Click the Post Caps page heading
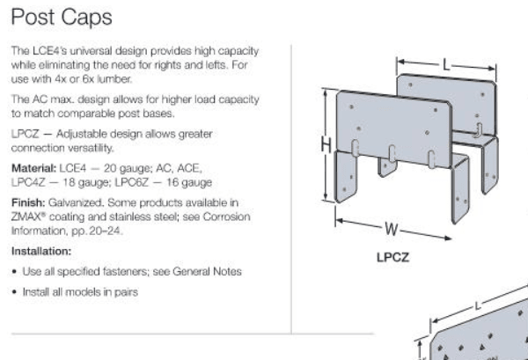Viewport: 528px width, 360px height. pyautogui.click(x=62, y=18)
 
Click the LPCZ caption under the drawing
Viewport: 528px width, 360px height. pyautogui.click(x=392, y=257)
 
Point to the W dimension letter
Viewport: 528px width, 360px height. pyautogui.click(x=392, y=230)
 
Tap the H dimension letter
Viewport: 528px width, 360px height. pyautogui.click(x=326, y=145)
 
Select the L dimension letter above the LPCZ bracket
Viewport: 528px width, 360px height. pyautogui.click(x=446, y=65)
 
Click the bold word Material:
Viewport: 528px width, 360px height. pyautogui.click(x=33, y=168)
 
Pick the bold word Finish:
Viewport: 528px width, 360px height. pyautogui.click(x=28, y=202)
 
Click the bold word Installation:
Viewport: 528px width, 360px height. pyautogui.click(x=41, y=251)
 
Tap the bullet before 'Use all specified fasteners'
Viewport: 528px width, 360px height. pyautogui.click(x=14, y=272)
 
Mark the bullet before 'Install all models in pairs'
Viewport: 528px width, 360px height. pyautogui.click(x=14, y=292)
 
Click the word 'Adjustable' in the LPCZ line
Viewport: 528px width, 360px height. pyautogui.click(x=80, y=134)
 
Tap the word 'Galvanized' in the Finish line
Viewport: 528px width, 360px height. pyautogui.click(x=76, y=202)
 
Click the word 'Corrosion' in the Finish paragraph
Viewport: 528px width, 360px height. pyautogui.click(x=226, y=217)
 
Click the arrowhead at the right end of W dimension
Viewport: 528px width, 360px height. pyautogui.click(x=448, y=239)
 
